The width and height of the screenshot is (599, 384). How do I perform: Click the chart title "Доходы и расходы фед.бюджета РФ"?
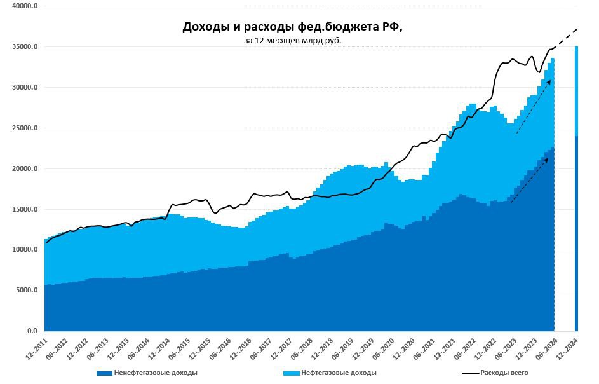pyautogui.click(x=293, y=27)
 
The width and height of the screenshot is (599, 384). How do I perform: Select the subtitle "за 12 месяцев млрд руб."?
pyautogui.click(x=293, y=41)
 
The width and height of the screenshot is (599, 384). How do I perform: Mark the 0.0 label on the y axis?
pyautogui.click(x=32, y=331)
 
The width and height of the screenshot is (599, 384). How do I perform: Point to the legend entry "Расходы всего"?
pyautogui.click(x=504, y=373)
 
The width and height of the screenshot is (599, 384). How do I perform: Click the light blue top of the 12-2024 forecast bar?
pyautogui.click(x=576, y=89)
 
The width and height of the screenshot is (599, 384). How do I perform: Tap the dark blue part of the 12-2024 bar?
pyautogui.click(x=576, y=235)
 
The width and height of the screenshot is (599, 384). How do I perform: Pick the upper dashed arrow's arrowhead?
pyautogui.click(x=549, y=82)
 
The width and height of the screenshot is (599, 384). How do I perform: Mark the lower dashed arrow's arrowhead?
pyautogui.click(x=547, y=159)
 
